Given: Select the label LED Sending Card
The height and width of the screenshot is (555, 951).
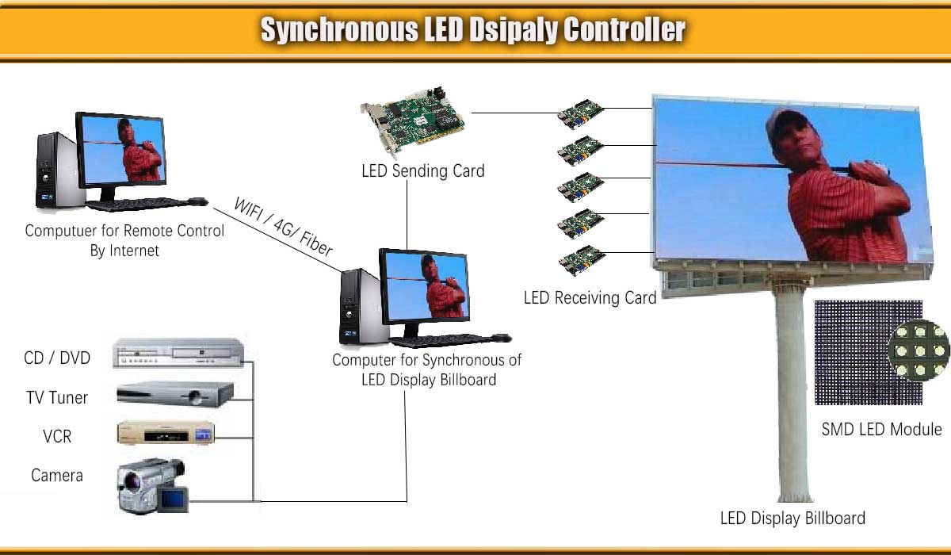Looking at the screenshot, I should click(x=422, y=170).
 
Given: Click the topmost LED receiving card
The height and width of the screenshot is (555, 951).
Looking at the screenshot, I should click(x=581, y=116).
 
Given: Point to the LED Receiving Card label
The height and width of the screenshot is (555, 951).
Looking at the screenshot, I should click(x=590, y=298).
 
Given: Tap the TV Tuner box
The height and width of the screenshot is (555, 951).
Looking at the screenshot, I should click(x=175, y=394).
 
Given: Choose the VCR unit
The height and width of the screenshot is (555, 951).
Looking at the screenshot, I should click(x=166, y=434).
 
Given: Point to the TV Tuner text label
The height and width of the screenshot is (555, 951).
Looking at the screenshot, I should click(x=57, y=397).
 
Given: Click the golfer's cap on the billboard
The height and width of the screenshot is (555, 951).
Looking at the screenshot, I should click(x=789, y=123).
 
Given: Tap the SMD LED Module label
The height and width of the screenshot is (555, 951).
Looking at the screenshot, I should click(x=881, y=429).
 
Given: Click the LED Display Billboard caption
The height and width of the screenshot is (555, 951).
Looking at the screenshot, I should click(x=792, y=519).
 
